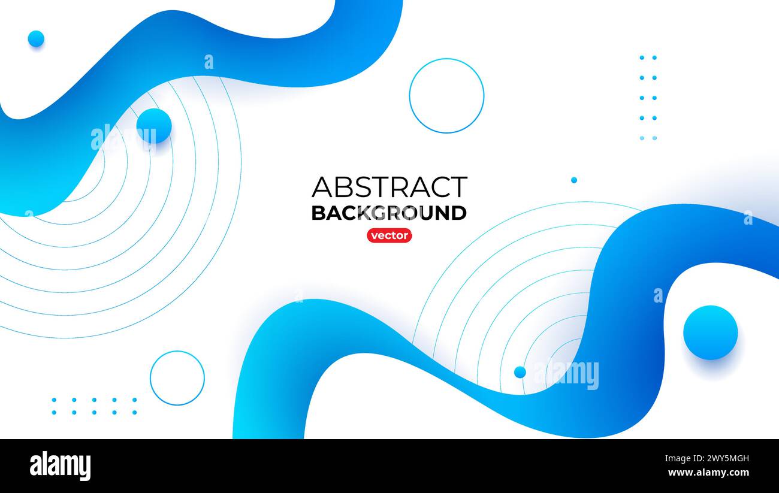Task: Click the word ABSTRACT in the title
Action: (x=389, y=187)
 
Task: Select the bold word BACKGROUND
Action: (x=389, y=213)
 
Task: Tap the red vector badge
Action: (x=389, y=235)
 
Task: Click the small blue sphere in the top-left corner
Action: (x=36, y=38)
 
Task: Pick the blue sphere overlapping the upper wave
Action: (x=154, y=126)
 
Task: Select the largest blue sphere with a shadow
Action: (x=710, y=332)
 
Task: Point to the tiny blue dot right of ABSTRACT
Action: (x=573, y=180)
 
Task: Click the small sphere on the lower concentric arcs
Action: (x=520, y=372)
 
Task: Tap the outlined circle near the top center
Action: (x=446, y=96)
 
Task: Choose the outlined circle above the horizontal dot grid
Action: (x=177, y=378)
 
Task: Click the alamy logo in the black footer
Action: (x=60, y=466)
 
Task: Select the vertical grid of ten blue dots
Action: (x=647, y=98)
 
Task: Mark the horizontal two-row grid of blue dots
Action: (x=94, y=406)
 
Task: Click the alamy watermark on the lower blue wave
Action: (x=566, y=375)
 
